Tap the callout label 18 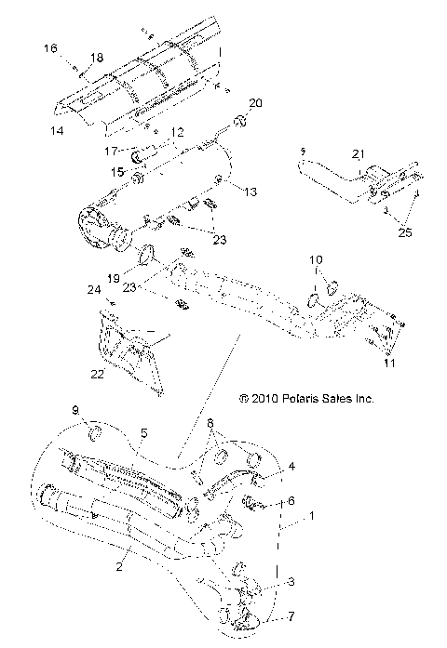click(96, 58)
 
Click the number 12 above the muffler click(176, 135)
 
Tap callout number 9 click(76, 410)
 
